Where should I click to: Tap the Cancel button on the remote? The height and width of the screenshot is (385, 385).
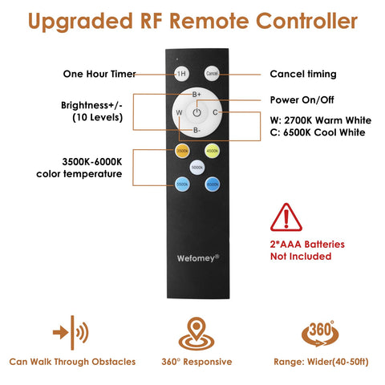(212, 73)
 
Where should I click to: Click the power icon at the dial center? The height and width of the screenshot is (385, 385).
(197, 112)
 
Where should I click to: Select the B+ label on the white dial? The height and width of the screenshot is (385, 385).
(197, 95)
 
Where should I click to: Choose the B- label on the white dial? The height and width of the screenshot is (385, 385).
(197, 130)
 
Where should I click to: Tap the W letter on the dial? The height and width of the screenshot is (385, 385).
(179, 112)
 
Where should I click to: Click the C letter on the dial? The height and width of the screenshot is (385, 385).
(215, 112)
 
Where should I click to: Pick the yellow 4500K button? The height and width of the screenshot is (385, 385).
(213, 151)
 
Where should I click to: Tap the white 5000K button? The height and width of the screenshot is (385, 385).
(197, 168)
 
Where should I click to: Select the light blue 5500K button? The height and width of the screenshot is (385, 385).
(182, 184)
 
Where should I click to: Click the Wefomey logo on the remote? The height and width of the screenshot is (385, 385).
(198, 258)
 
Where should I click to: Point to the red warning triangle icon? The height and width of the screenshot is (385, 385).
(286, 217)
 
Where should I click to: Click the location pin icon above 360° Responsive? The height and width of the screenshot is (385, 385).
(197, 334)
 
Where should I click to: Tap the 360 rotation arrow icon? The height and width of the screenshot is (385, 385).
(320, 334)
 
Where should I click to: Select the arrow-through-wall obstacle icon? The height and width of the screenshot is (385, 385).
(71, 333)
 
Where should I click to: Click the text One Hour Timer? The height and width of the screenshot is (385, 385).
(99, 74)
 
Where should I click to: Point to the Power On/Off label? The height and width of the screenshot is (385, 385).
(302, 100)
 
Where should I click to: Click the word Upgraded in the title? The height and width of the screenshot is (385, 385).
(80, 22)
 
